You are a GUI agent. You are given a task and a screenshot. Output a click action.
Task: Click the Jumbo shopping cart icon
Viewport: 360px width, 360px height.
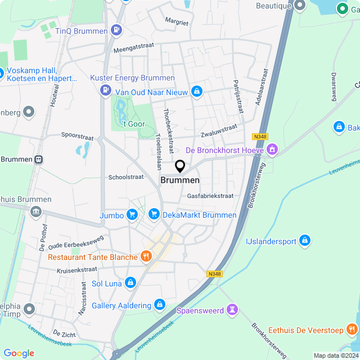pyautogui.click(x=132, y=214)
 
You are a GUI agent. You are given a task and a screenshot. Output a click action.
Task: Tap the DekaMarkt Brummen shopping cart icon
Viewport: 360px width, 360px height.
pyautogui.click(x=154, y=214)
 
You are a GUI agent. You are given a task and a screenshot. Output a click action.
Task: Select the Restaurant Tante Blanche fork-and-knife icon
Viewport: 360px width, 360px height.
pyautogui.click(x=146, y=257)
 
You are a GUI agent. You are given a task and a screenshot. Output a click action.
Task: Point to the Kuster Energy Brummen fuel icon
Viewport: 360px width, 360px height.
pyautogui.click(x=105, y=90)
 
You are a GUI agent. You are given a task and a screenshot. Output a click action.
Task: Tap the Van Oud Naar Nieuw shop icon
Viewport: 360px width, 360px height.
pyautogui.click(x=196, y=91)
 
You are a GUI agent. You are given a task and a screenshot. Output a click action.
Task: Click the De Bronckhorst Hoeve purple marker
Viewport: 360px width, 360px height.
pyautogui.click(x=273, y=150)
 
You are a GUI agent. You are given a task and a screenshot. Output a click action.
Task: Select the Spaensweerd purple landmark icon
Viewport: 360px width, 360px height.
pyautogui.click(x=232, y=310)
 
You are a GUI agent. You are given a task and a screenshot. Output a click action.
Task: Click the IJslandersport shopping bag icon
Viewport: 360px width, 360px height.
pyautogui.click(x=305, y=241)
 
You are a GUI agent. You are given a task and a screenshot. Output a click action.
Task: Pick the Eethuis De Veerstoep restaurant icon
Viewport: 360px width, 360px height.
pyautogui.click(x=352, y=330)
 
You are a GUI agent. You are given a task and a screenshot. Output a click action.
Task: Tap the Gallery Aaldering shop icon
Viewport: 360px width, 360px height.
pyautogui.click(x=160, y=305)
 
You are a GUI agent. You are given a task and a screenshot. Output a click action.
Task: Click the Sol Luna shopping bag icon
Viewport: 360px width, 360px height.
pyautogui.click(x=130, y=283)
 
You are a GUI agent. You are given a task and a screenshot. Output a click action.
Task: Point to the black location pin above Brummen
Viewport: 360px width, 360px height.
pyautogui.click(x=180, y=166)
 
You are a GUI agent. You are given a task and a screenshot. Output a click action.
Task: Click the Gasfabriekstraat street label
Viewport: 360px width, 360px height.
pyautogui.click(x=210, y=196)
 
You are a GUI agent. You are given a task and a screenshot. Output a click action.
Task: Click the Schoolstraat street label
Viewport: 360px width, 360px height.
pyautogui.click(x=126, y=177)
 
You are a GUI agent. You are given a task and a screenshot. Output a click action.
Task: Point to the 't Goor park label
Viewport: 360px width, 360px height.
pyautogui.click(x=134, y=124)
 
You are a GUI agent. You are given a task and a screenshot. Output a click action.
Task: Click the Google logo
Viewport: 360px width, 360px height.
pyautogui.click(x=19, y=353)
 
